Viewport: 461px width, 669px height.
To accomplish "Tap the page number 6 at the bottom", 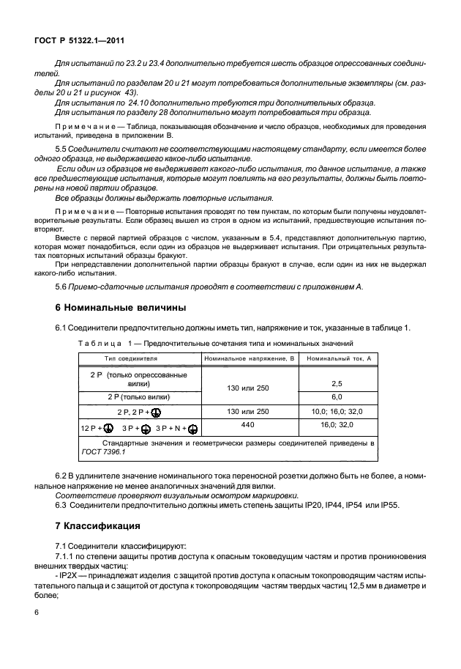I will click(x=36, y=631).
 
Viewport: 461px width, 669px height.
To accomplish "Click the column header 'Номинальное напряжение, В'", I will click(x=249, y=358).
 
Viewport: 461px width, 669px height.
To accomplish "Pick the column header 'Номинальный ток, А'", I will click(x=338, y=358).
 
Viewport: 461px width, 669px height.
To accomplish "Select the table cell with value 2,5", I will click(x=338, y=383).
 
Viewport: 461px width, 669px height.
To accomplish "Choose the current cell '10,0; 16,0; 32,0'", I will click(x=338, y=410).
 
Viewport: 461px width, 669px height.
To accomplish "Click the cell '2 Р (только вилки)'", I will click(x=140, y=396).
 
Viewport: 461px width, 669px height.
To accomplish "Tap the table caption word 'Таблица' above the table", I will click(x=98, y=343).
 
